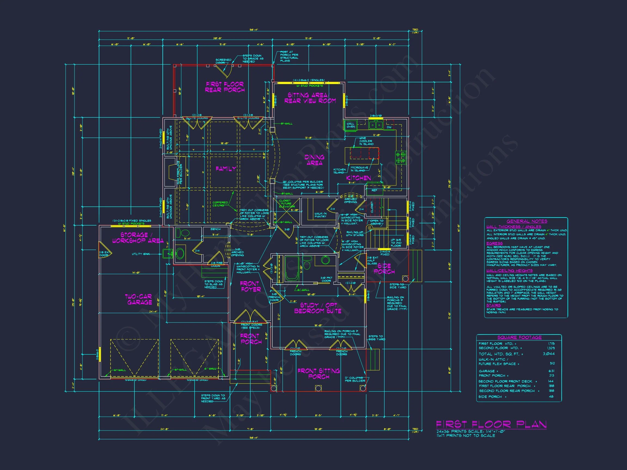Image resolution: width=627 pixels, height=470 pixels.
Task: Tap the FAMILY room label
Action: (226, 169)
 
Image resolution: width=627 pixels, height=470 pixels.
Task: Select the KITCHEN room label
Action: (359, 178)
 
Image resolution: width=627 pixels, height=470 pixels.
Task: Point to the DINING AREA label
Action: (314, 160)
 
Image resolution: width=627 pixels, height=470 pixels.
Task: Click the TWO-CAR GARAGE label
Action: (139, 299)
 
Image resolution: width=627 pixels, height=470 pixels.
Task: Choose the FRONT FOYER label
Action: (250, 286)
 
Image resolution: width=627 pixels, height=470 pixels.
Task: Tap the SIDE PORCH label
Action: (384, 268)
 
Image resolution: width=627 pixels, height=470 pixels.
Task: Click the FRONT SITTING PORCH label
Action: (319, 374)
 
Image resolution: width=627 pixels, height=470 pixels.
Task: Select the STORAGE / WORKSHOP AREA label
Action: (138, 238)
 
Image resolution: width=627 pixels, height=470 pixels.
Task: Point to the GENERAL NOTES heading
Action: (527, 221)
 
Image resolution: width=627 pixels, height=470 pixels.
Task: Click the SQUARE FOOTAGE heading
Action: (519, 338)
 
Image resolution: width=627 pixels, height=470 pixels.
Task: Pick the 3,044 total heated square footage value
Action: (549, 354)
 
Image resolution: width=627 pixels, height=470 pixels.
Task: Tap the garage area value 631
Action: (551, 371)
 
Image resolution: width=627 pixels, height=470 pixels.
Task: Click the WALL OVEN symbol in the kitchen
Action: (351, 125)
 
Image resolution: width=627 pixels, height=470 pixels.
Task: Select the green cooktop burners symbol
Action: (401, 157)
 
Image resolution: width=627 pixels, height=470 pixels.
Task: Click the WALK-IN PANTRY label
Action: (320, 215)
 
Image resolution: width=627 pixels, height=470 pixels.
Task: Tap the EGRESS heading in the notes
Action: (494, 243)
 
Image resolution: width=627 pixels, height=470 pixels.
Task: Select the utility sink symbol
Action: (167, 253)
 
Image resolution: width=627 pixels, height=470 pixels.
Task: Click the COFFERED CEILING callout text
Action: (220, 204)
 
